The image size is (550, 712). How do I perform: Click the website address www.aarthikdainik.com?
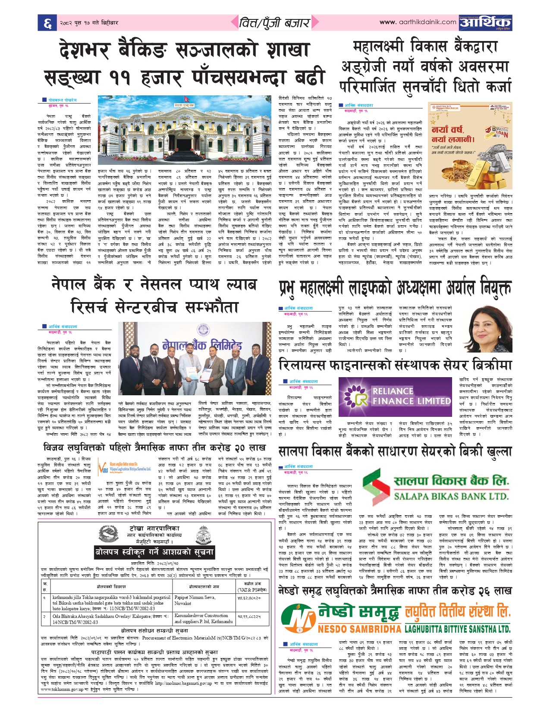pos(418,22)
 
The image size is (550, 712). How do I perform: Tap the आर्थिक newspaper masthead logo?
pos(485,22)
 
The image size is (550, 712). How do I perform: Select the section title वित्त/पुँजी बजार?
pos(275,22)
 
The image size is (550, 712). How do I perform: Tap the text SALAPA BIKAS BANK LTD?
pos(451,497)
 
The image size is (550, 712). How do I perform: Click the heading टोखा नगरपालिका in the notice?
pos(155,528)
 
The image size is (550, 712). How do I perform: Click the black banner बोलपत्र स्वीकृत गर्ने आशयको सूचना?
pos(155,552)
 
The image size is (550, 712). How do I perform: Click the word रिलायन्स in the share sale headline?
pos(307,365)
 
